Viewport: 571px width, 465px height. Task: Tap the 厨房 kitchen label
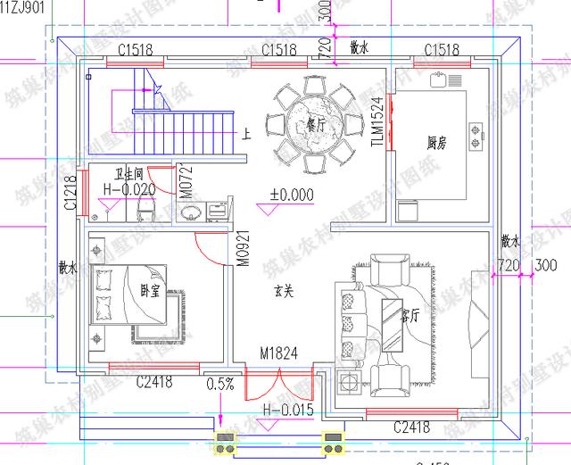[x=437, y=143]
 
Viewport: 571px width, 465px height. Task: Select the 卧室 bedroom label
[x=150, y=291]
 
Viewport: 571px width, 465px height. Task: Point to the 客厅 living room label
[x=410, y=315]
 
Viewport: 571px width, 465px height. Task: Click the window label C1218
[x=70, y=193]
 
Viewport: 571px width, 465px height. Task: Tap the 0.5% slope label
[x=220, y=385]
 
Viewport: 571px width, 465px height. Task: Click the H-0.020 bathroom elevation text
[x=129, y=189]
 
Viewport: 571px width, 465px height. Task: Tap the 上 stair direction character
[x=246, y=136]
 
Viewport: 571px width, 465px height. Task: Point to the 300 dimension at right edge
[x=543, y=265]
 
